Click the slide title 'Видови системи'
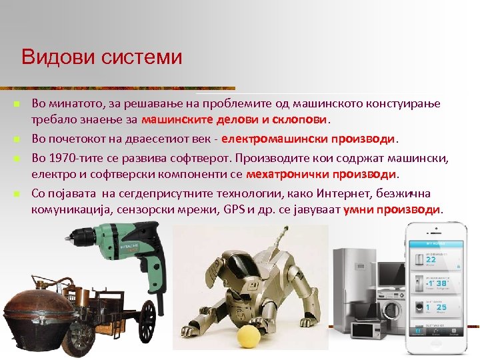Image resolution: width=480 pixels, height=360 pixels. [101, 57]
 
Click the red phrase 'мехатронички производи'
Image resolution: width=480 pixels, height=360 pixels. [321, 174]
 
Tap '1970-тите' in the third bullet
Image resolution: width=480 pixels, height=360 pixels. [74, 157]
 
